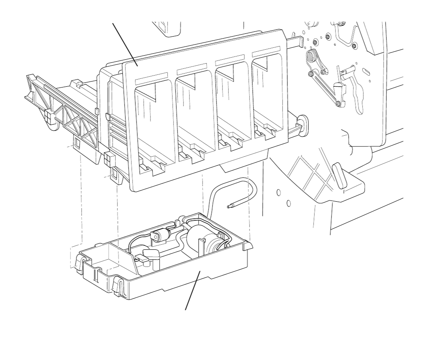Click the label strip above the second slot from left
(192, 70)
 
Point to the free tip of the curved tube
(230, 206)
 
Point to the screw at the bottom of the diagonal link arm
(338, 104)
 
